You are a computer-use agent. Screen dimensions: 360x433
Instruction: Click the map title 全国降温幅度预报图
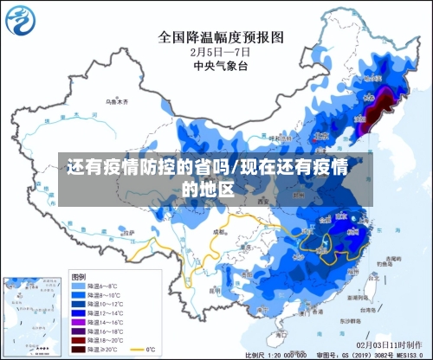(x=221, y=37)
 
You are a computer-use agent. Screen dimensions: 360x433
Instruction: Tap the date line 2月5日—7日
(x=221, y=51)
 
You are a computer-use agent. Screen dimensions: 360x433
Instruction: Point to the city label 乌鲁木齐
(x=117, y=101)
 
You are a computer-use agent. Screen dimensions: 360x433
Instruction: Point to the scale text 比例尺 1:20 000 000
(x=276, y=355)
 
